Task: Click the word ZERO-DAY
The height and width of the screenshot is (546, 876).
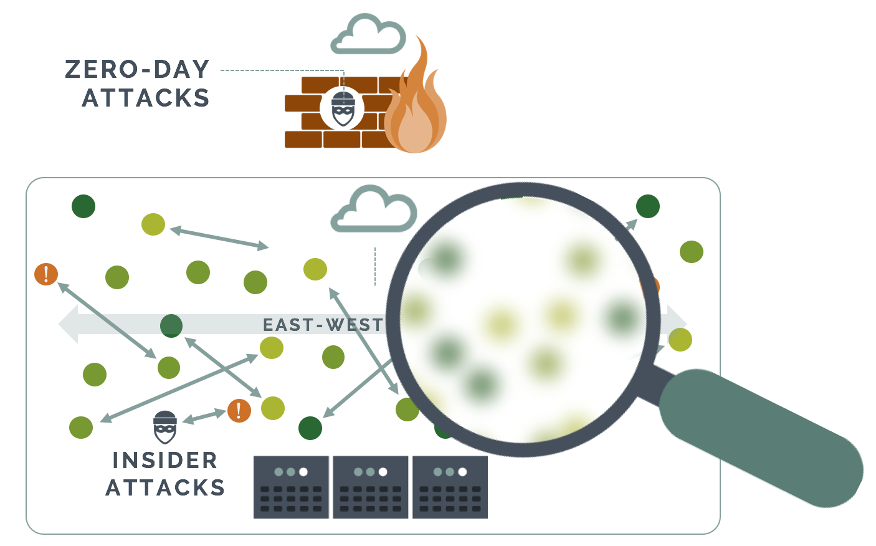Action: pos(137,69)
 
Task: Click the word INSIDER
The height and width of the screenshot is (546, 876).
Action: pos(165,461)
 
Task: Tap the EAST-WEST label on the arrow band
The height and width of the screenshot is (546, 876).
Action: pos(323,325)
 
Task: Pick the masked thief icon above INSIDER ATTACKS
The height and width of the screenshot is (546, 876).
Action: pos(165,426)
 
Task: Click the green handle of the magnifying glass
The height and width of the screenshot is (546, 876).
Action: pos(760,436)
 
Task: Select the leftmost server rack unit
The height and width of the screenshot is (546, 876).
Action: pos(291,487)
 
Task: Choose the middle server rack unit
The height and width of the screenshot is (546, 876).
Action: pos(371,487)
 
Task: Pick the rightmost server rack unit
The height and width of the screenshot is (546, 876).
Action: pos(450,487)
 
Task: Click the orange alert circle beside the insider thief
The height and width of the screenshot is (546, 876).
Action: pos(239,410)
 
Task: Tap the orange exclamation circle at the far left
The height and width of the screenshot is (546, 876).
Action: pos(46,274)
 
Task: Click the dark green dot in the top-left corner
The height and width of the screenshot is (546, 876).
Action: pos(83,206)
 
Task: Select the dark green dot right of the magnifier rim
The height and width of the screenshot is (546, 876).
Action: pos(648,206)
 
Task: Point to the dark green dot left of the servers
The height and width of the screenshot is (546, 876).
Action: pos(310,428)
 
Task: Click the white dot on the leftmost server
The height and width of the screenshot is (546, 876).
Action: pos(303,472)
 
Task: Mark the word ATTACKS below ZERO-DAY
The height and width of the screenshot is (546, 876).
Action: pos(146,98)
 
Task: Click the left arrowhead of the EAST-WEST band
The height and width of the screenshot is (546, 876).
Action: pos(67,324)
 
